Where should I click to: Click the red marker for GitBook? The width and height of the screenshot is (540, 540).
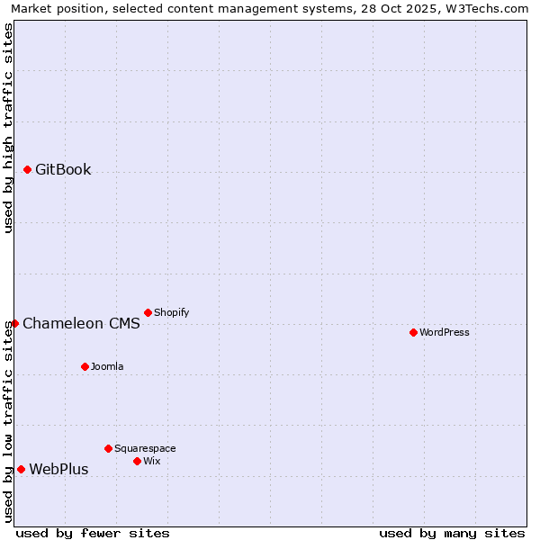[27, 169]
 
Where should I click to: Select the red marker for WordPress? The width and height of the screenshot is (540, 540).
[413, 332]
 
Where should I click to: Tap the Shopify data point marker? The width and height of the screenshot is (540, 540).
[148, 312]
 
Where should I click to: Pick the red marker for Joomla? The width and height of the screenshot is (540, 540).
[85, 366]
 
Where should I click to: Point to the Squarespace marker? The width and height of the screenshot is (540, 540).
[108, 448]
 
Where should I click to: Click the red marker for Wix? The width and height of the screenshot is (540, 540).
[137, 461]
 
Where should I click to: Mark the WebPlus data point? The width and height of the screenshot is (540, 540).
[21, 469]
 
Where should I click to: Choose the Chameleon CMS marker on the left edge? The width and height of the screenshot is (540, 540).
[14, 323]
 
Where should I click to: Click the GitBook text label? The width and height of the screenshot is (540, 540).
[63, 170]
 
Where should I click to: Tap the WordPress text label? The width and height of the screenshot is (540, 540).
[445, 333]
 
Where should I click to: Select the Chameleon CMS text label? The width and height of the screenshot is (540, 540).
[81, 324]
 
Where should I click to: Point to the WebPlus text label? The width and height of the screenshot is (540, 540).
[58, 470]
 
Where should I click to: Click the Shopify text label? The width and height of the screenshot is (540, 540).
[171, 313]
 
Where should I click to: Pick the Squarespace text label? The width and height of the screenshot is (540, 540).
[145, 449]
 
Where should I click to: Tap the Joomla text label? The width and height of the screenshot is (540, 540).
[107, 367]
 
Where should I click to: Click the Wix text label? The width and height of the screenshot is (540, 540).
[151, 462]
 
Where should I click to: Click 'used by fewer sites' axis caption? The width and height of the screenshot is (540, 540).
[93, 534]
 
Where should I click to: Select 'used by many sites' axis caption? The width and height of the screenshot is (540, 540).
[452, 534]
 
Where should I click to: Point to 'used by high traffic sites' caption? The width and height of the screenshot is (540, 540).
[8, 128]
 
